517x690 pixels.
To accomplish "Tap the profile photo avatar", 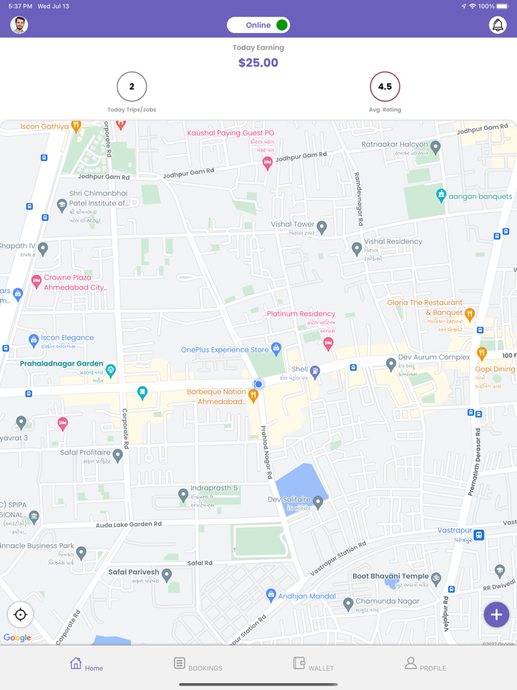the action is pyautogui.click(x=19, y=25).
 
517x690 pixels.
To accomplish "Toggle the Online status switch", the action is pyautogui.click(x=258, y=25).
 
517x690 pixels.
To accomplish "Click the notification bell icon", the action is pyautogui.click(x=498, y=25).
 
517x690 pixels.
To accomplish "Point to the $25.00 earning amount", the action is pyautogui.click(x=258, y=63).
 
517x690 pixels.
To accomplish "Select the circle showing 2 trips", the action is pyautogui.click(x=131, y=86).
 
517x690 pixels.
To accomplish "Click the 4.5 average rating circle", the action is pyautogui.click(x=385, y=86).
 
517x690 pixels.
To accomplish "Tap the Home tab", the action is pyautogui.click(x=86, y=664).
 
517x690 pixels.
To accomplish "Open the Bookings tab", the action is pyautogui.click(x=197, y=664).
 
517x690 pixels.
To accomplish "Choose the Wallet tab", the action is pyautogui.click(x=313, y=664).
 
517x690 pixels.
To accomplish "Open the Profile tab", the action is pyautogui.click(x=425, y=664).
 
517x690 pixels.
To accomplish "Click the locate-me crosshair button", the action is pyautogui.click(x=21, y=614).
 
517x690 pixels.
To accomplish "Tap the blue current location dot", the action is pyautogui.click(x=258, y=384).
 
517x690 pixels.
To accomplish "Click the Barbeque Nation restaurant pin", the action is pyautogui.click(x=253, y=396).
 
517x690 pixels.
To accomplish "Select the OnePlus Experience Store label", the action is pyautogui.click(x=225, y=349).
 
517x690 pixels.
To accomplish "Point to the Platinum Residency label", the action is pyautogui.click(x=301, y=314).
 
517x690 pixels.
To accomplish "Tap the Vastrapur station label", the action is pyautogui.click(x=455, y=530).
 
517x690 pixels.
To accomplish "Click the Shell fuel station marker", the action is pyautogui.click(x=315, y=372).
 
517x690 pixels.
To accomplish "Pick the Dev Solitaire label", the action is pyautogui.click(x=290, y=500).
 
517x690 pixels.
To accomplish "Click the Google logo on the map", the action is pyautogui.click(x=17, y=638).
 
